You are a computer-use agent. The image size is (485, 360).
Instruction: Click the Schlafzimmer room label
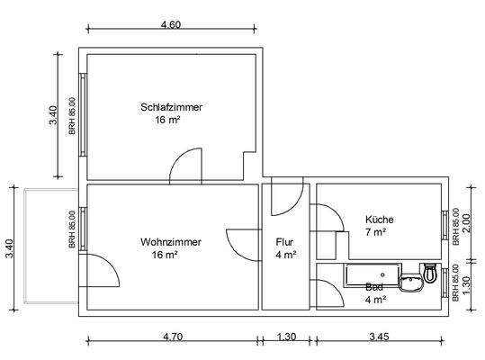(x=171, y=107)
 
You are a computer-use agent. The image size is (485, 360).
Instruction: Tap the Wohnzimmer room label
(x=171, y=242)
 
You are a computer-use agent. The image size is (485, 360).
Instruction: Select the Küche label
(x=379, y=220)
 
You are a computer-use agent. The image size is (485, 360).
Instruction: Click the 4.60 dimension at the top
(x=171, y=25)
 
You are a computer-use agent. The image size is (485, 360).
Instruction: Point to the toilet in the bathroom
(x=430, y=273)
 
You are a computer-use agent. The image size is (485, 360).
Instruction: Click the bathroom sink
(x=414, y=284)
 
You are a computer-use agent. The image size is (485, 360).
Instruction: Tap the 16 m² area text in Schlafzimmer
(x=167, y=119)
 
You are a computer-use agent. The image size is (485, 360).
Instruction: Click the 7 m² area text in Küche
(x=375, y=232)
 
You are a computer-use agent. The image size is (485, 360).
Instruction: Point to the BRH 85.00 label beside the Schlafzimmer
(x=72, y=114)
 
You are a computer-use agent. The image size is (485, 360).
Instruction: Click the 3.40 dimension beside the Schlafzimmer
(x=53, y=114)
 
